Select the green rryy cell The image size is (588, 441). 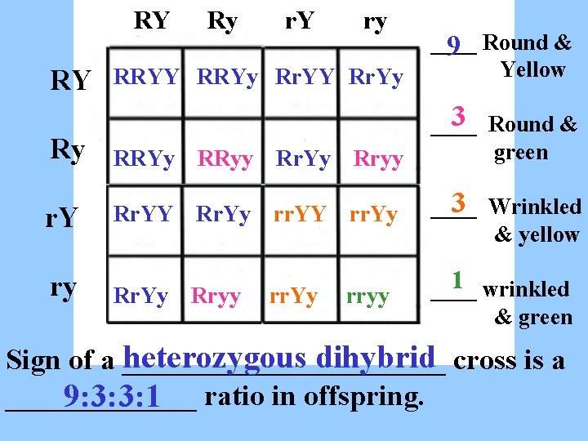367,296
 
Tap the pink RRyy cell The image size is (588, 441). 225,159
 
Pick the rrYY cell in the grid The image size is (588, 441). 300,214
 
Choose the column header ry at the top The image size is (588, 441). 374,21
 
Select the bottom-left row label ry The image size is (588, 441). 64,287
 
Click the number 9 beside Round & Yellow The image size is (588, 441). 456,46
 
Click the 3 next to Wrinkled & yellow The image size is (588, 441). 460,201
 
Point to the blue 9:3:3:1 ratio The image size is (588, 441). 114,397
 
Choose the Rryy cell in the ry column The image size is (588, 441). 378,159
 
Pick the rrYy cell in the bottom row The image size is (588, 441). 293,296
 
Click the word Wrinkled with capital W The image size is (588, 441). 535,207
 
